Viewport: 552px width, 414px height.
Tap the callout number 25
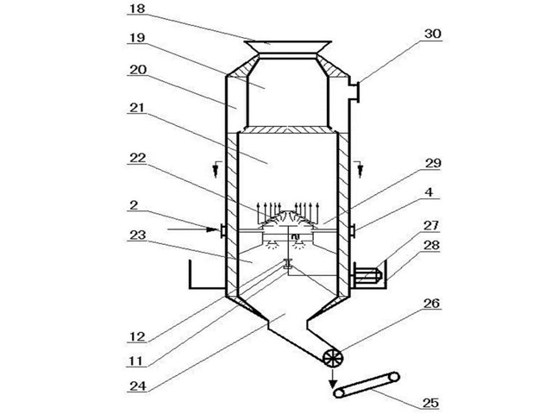coord(428,401)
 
